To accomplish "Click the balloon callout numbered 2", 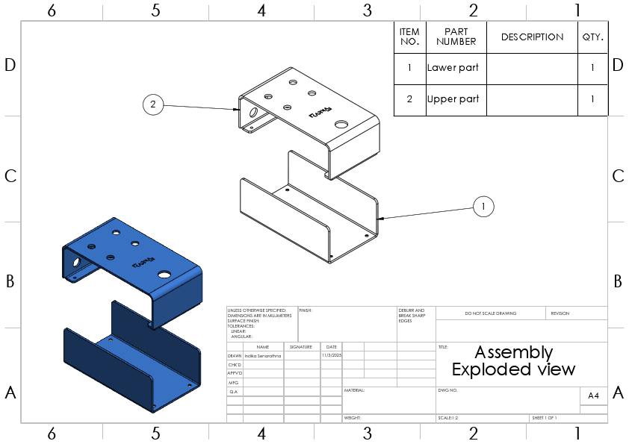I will pyautogui.click(x=152, y=104).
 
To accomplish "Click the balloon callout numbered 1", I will pyautogui.click(x=483, y=206).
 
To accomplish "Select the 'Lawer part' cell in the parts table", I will pyautogui.click(x=452, y=68).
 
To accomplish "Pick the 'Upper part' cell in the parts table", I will pyautogui.click(x=453, y=99).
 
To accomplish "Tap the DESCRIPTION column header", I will pyautogui.click(x=532, y=37).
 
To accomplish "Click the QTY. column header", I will pyautogui.click(x=592, y=37).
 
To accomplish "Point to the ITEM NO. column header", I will pyautogui.click(x=409, y=37).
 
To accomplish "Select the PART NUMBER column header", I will pyautogui.click(x=456, y=37).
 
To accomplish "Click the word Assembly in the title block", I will pyautogui.click(x=513, y=352).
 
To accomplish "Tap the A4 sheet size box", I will pyautogui.click(x=593, y=395).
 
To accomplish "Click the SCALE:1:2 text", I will pyautogui.click(x=449, y=418).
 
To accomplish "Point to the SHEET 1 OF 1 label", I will pyautogui.click(x=544, y=418).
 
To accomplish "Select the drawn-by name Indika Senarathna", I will pyautogui.click(x=263, y=356).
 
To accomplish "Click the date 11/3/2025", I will pyautogui.click(x=330, y=356).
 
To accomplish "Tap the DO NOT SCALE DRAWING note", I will pyautogui.click(x=490, y=313).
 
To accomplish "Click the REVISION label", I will pyautogui.click(x=560, y=313).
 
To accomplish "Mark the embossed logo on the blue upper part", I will pyautogui.click(x=143, y=262).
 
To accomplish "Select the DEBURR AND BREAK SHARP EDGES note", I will pyautogui.click(x=412, y=315).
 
